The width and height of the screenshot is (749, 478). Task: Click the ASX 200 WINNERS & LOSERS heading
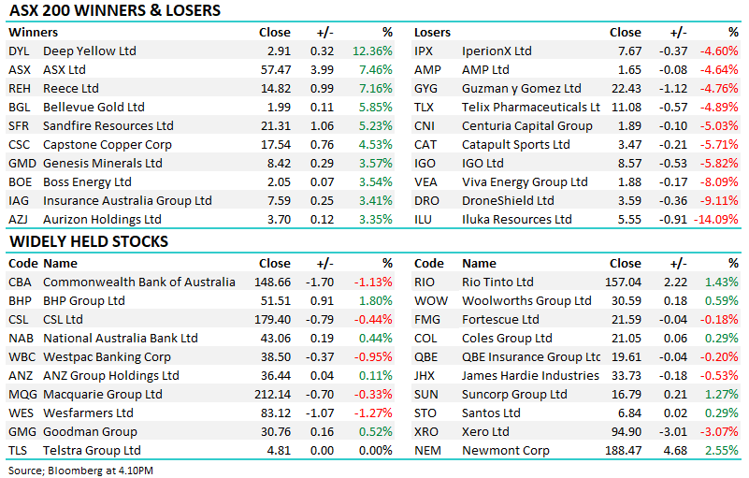(115, 11)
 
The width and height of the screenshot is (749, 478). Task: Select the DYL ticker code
(19, 51)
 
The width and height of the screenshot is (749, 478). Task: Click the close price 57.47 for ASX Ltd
(275, 69)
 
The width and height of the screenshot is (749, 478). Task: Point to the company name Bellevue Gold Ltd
(94, 107)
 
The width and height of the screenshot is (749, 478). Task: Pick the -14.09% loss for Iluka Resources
(715, 219)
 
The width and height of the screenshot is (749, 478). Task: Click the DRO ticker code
(425, 200)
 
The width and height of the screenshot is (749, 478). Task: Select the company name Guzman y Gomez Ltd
(521, 88)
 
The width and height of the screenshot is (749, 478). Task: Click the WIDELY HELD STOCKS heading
(89, 241)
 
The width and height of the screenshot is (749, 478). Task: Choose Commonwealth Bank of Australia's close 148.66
(272, 282)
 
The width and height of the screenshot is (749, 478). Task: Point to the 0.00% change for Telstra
(375, 450)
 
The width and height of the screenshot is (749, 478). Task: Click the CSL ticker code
(19, 319)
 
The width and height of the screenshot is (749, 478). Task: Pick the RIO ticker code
(425, 282)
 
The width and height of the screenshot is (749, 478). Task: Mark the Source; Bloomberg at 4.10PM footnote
(81, 469)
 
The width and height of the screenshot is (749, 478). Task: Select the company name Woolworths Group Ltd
(526, 300)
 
